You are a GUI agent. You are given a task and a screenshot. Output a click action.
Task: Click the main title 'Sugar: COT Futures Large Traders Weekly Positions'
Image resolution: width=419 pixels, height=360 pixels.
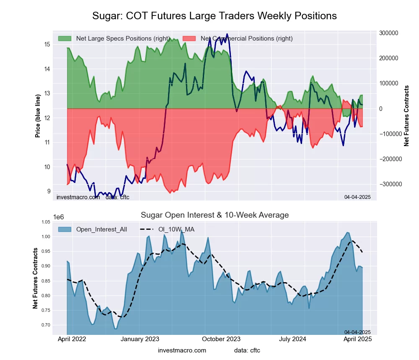tap(215, 16)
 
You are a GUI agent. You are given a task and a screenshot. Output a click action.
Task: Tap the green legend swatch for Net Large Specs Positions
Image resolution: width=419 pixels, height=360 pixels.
tap(65, 39)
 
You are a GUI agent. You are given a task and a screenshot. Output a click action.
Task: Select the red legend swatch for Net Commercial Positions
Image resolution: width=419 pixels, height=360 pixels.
tap(189, 39)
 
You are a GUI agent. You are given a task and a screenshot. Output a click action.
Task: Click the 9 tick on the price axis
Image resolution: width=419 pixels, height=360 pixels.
tap(48, 191)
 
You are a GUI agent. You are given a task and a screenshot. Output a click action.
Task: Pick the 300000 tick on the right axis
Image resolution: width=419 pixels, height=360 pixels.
tap(388, 33)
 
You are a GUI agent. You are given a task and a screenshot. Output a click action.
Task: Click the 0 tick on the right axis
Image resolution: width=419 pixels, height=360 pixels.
tap(381, 109)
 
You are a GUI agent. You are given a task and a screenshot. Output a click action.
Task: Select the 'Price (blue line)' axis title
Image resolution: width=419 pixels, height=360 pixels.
tap(38, 116)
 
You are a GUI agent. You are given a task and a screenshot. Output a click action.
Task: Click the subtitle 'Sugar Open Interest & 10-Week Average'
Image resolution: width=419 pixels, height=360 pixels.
tap(215, 215)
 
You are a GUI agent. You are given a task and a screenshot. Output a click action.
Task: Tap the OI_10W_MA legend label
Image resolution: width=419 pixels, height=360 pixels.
tap(176, 229)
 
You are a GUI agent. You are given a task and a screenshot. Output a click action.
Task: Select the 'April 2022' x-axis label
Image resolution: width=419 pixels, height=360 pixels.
tap(72, 339)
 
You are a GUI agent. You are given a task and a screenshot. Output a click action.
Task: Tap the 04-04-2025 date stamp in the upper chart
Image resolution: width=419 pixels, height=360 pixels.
tap(357, 196)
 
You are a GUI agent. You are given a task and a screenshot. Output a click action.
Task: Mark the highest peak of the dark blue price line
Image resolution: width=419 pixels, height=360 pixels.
tap(227, 34)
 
